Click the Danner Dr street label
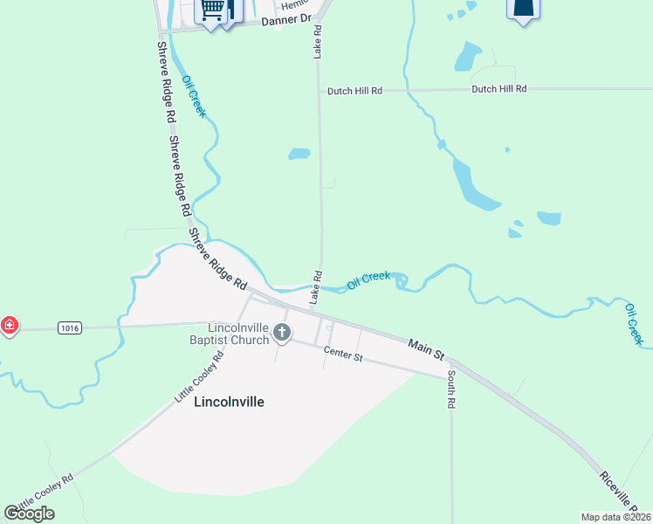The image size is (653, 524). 286,17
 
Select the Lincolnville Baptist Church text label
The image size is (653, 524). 238,333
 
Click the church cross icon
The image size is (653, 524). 281,332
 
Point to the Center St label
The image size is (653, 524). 342,354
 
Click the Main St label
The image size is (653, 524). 426,348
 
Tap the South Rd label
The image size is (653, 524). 451,390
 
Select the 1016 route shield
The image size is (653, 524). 71,327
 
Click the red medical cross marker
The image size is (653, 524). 9,327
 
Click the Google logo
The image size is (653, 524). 29,514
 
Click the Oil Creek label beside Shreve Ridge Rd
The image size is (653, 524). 194,97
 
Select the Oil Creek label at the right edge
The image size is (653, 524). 633,322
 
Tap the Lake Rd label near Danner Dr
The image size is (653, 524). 318,42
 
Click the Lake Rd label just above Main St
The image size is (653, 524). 317,287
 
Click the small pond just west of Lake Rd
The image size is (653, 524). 299,154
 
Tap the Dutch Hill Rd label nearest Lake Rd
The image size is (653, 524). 355,91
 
